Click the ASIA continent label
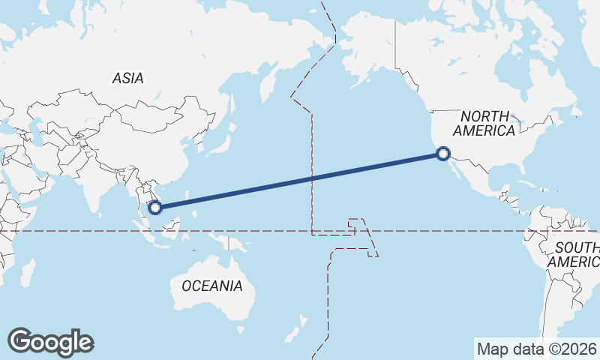pos(127,78)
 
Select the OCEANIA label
pos(212,286)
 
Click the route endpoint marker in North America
pos(443,154)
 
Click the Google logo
pos(50,342)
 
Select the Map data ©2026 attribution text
pos(536,349)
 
